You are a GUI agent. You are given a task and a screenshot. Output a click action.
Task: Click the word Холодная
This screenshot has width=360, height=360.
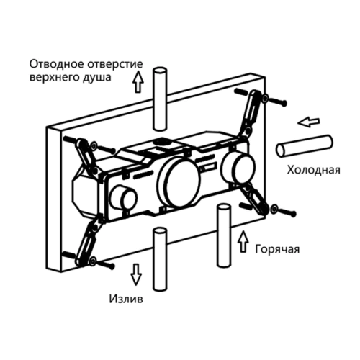tap(313, 170)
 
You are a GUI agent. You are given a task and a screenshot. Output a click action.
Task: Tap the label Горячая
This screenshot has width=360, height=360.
tap(277, 249)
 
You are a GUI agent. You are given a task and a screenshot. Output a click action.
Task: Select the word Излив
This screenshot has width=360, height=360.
tap(126, 299)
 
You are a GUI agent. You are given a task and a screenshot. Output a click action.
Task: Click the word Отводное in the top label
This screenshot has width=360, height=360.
tap(57, 64)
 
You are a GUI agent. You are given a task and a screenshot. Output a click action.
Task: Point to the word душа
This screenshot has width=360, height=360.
tap(97, 78)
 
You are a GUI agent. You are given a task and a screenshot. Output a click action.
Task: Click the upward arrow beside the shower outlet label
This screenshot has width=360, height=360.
tap(138, 81)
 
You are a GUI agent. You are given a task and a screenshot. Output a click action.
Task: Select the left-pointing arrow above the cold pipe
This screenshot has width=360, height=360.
tap(309, 122)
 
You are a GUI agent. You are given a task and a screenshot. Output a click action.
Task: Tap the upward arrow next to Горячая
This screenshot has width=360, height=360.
tap(243, 241)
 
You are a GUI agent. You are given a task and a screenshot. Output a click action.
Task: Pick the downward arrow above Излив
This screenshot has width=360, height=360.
tap(136, 274)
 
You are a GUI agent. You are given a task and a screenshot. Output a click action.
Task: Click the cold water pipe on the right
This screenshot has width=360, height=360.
tap(305, 146)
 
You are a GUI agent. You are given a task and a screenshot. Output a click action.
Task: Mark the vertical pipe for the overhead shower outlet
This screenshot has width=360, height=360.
tap(160, 99)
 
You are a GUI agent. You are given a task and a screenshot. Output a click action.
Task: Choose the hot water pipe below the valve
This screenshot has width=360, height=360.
tap(224, 235)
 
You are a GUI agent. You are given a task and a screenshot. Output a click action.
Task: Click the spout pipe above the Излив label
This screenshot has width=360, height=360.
tap(160, 259)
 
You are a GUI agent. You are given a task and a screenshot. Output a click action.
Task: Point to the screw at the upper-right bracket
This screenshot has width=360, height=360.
tap(277, 102)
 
